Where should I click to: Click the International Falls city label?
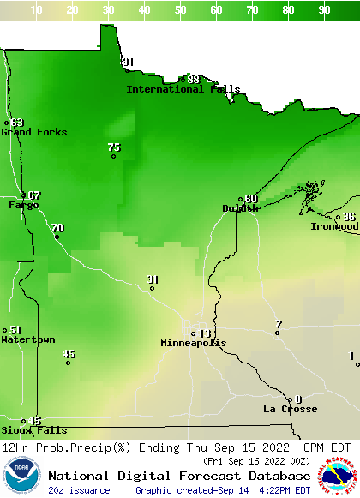[x=183, y=89]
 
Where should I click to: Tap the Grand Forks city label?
[x=33, y=132]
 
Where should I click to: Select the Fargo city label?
[x=23, y=205]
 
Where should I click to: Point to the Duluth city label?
[x=240, y=208]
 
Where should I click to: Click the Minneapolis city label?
[x=194, y=343]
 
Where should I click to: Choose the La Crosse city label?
[x=290, y=409]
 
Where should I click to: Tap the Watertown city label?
[x=27, y=339]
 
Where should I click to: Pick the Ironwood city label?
[x=334, y=226]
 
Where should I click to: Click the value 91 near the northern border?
[x=129, y=62]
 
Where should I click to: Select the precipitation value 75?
[x=114, y=147]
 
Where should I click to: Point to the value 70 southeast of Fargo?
[x=57, y=227]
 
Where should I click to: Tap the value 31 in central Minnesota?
[x=153, y=279]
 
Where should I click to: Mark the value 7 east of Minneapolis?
[x=278, y=324]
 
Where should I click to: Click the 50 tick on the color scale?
[x=180, y=10]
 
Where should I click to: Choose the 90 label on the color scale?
[x=324, y=10]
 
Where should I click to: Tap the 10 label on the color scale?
[x=36, y=10]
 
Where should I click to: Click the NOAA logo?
[x=21, y=476]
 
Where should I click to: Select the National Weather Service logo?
[x=339, y=476]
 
